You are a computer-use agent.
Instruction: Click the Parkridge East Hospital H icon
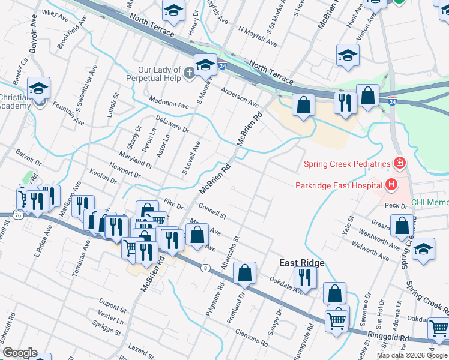(391, 185)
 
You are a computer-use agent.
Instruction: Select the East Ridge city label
(302, 263)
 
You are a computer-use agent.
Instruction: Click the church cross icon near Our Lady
(188, 74)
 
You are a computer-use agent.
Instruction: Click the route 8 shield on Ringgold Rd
(206, 268)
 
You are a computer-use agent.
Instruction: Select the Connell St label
(212, 212)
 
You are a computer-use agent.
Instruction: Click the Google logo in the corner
(19, 353)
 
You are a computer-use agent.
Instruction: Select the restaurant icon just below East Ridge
(305, 277)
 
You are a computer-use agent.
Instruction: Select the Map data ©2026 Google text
(412, 355)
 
